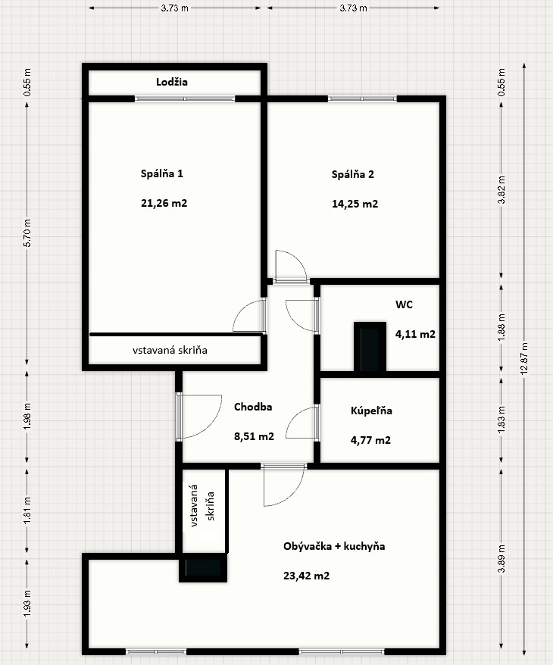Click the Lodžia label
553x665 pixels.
172,82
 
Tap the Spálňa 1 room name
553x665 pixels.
162,173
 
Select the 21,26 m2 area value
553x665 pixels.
164,203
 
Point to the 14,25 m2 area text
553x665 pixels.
355,204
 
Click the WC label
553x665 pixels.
405,304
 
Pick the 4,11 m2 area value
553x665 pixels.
416,334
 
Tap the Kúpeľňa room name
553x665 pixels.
371,411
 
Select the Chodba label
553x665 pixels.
253,407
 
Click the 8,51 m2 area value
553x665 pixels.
254,436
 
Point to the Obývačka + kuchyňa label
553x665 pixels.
334,546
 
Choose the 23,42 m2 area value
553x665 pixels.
307,576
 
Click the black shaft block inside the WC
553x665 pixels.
370,346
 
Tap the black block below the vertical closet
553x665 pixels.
203,568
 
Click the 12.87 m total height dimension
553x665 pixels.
524,358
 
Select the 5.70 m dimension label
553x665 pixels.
27,233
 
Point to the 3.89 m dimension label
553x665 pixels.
501,558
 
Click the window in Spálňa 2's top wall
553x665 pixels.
362,98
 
